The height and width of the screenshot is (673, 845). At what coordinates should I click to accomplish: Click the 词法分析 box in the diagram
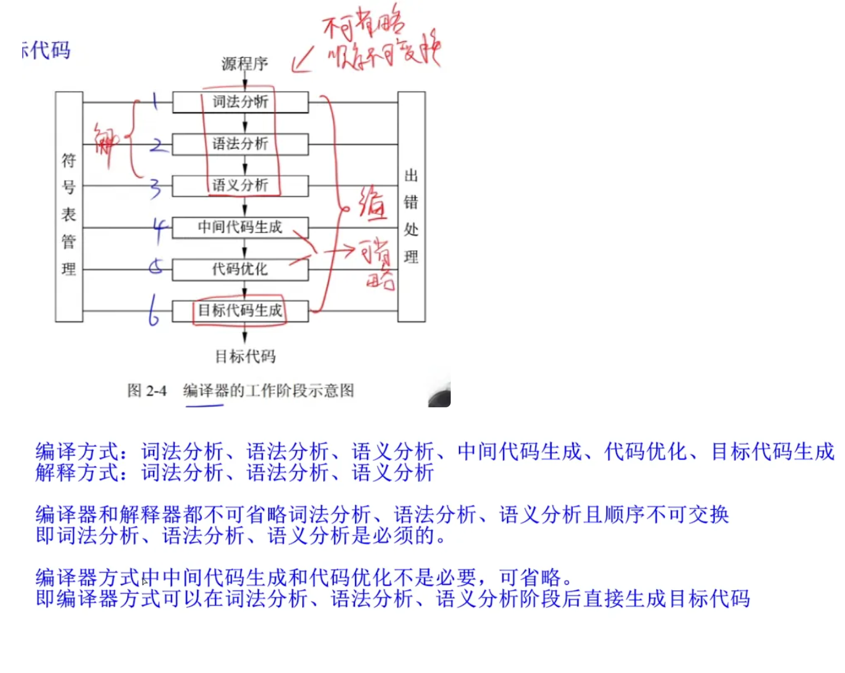pos(240,102)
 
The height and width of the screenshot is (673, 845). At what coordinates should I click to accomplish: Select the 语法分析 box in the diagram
pos(240,144)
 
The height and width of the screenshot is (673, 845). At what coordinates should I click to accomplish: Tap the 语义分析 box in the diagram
pos(240,186)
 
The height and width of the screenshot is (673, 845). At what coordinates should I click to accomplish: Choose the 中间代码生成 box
pos(240,227)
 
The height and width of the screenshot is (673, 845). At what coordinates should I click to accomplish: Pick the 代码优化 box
pos(240,269)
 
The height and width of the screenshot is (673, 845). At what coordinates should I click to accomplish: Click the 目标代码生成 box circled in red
pos(240,311)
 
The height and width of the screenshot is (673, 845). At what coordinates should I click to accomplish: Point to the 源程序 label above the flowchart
pos(245,64)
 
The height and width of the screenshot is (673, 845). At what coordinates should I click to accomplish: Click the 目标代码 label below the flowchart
pos(245,356)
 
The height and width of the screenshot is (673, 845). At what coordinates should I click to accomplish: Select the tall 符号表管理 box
pos(69,207)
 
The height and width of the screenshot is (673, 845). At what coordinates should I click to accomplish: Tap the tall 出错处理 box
pos(411,207)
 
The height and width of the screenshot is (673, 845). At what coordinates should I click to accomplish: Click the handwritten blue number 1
pos(155,100)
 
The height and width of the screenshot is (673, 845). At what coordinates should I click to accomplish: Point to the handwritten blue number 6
pos(153,310)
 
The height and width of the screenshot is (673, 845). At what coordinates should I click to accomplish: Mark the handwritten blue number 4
pos(159,229)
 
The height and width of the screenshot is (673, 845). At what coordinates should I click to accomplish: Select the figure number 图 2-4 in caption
pos(147,391)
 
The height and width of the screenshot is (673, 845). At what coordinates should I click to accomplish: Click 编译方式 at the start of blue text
pos(78,452)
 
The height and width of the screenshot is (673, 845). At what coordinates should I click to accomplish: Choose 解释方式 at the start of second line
pos(78,472)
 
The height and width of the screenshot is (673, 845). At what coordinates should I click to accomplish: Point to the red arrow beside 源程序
pos(303,61)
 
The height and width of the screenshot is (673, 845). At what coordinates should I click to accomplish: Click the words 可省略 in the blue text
pos(530,577)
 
